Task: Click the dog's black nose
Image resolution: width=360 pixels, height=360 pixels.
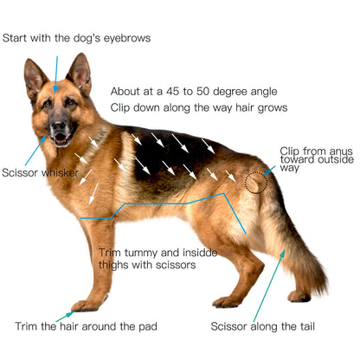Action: (x=59, y=125)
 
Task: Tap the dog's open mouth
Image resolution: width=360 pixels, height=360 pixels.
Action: (x=61, y=138)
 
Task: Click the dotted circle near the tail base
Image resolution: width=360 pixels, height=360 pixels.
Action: (x=256, y=183)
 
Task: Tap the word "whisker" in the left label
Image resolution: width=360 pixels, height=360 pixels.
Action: (x=60, y=173)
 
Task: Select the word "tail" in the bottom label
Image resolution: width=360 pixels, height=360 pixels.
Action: (x=307, y=326)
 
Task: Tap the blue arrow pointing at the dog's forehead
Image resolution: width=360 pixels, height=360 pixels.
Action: (x=56, y=74)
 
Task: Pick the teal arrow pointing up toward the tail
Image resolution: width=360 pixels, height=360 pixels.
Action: (x=269, y=286)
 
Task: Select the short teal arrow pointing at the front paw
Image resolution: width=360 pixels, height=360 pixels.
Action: (x=65, y=317)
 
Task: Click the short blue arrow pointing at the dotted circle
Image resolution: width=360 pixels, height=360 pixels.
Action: (x=269, y=170)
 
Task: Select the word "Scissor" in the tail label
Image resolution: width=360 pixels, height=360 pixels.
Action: (x=228, y=326)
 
